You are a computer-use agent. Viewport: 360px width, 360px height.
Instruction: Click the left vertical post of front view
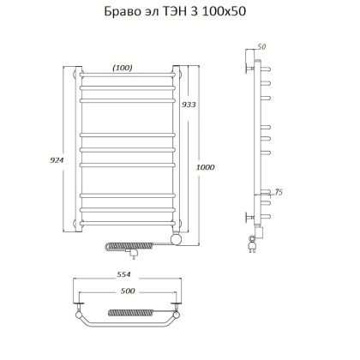click(76, 146)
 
